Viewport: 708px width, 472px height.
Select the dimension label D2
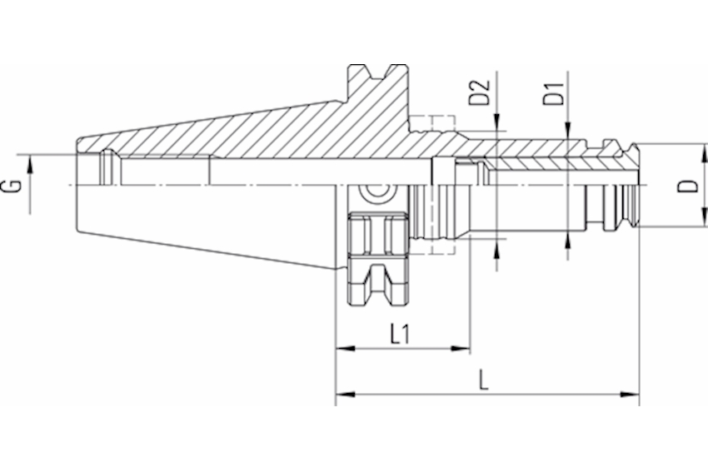(480, 92)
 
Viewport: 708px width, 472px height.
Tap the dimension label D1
(554, 93)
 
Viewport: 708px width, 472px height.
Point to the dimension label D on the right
(688, 186)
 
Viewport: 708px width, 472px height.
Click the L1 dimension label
(400, 334)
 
